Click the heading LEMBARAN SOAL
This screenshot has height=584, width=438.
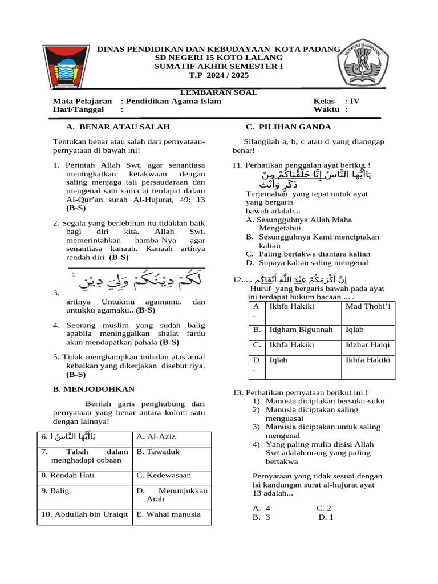pos(218,92)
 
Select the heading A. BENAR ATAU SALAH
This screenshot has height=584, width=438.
pos(117,127)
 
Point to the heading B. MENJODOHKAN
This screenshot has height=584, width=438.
pos(94,389)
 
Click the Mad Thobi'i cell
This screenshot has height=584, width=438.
pos(367,307)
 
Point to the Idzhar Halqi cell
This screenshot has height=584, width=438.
pos(367,344)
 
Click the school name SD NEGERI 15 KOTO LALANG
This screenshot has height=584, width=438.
pos(218,58)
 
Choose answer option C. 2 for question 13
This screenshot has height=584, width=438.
pos(324,508)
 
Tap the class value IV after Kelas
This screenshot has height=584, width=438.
pos(355,102)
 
